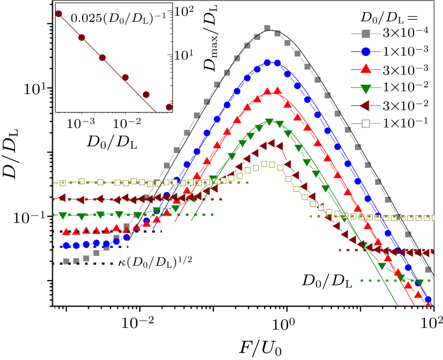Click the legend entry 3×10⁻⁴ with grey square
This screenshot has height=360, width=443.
(398, 35)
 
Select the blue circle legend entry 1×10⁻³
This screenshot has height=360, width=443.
(398, 52)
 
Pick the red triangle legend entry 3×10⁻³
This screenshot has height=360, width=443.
(398, 70)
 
